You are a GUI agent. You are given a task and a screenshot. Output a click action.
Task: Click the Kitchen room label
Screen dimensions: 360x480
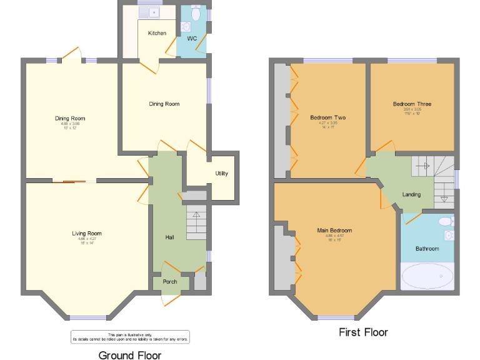pyautogui.click(x=157, y=32)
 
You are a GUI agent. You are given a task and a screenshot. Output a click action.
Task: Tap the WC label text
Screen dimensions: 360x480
pyautogui.click(x=192, y=39)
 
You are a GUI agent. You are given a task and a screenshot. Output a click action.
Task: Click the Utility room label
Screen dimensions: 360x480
pyautogui.click(x=221, y=173)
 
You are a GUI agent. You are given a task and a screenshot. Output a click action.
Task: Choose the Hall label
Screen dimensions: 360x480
pyautogui.click(x=169, y=237)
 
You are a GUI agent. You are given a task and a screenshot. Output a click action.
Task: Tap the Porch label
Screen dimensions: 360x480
pyautogui.click(x=170, y=282)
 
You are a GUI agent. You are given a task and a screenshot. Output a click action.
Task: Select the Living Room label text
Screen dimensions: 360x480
pyautogui.click(x=86, y=233)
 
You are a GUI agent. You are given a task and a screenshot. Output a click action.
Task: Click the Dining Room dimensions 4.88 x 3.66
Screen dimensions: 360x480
pyautogui.click(x=70, y=124)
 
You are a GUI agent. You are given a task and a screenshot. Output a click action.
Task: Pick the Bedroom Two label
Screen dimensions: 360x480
pyautogui.click(x=327, y=117)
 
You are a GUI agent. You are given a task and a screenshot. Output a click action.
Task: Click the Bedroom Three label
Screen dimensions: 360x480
pyautogui.click(x=412, y=104)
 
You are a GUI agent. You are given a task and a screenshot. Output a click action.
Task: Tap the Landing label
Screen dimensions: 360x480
pyautogui.click(x=411, y=194)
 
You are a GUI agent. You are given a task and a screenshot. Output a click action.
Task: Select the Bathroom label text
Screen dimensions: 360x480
pyautogui.click(x=427, y=248)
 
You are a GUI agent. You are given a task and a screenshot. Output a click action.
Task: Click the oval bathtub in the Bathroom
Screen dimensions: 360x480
pyautogui.click(x=427, y=275)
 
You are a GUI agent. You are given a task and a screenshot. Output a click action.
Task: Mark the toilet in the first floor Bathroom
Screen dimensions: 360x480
pyautogui.click(x=446, y=221)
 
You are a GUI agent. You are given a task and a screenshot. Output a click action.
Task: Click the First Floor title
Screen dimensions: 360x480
pyautogui.click(x=363, y=332)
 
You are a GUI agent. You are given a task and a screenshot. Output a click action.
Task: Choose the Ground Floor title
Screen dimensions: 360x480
pyautogui.click(x=129, y=355)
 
